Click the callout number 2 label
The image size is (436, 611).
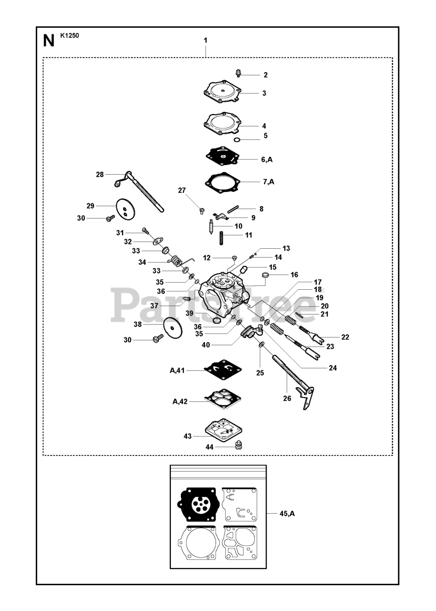click(x=266, y=75)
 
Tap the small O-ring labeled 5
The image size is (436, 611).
click(x=237, y=140)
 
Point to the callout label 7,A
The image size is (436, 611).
click(x=268, y=182)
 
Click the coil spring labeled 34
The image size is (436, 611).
click(x=177, y=262)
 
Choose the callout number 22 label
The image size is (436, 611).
click(x=345, y=337)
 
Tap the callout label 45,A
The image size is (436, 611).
click(x=287, y=514)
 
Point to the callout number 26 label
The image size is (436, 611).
click(x=287, y=399)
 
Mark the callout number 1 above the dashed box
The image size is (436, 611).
click(x=205, y=41)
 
